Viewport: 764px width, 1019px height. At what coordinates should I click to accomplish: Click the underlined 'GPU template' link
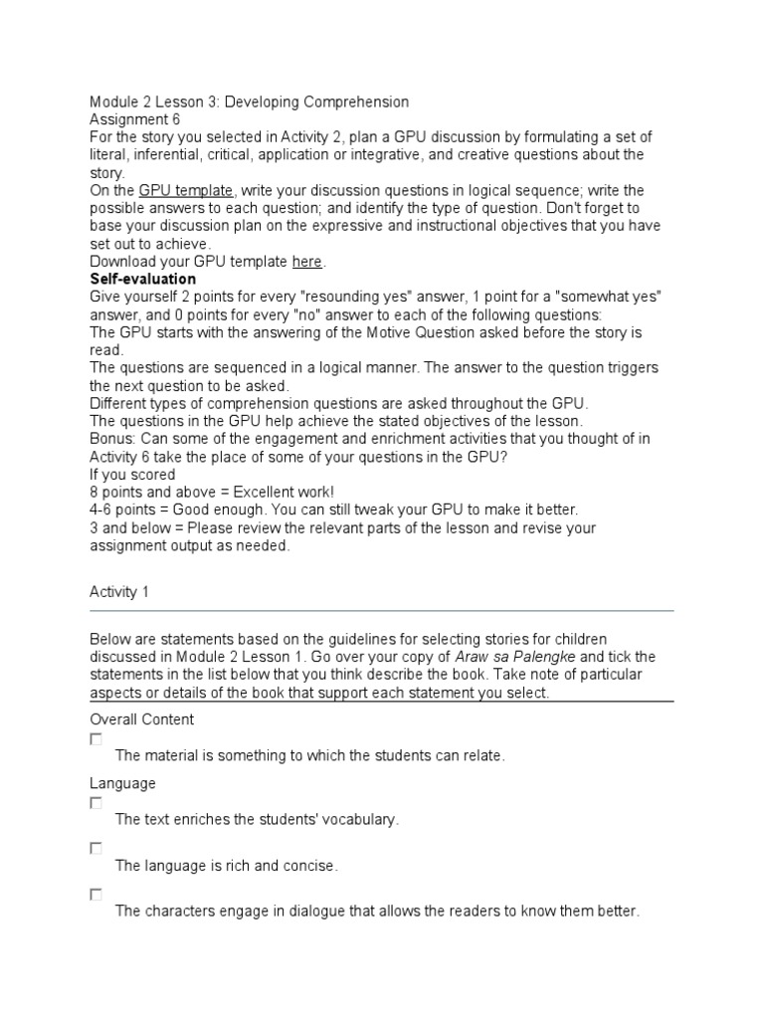pyautogui.click(x=186, y=190)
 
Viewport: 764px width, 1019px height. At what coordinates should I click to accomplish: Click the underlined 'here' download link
pyautogui.click(x=306, y=262)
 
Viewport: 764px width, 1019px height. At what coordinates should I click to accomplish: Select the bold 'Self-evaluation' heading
pyautogui.click(x=142, y=280)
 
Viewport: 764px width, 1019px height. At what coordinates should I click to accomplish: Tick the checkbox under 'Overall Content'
pyautogui.click(x=95, y=739)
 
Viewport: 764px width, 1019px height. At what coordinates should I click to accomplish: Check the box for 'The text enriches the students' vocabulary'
pyautogui.click(x=95, y=803)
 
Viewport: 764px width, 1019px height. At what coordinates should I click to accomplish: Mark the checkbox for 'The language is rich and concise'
pyautogui.click(x=95, y=849)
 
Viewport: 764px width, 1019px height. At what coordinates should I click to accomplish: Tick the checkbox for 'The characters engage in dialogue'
pyautogui.click(x=95, y=895)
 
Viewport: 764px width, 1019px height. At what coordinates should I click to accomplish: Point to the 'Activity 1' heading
pyautogui.click(x=119, y=592)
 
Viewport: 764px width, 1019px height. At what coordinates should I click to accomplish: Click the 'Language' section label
pyautogui.click(x=122, y=783)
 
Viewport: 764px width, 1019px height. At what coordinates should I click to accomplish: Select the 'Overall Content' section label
pyautogui.click(x=142, y=719)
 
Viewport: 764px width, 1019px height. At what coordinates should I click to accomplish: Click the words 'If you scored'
pyautogui.click(x=132, y=475)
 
